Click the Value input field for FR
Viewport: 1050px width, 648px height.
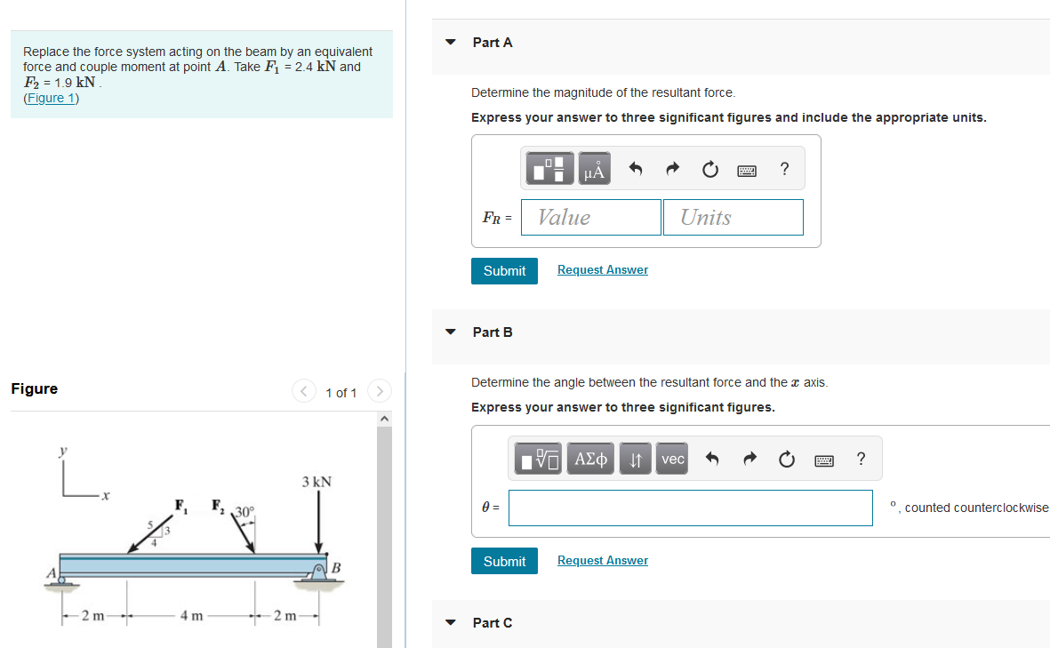(x=590, y=217)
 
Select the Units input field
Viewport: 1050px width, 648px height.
(x=733, y=217)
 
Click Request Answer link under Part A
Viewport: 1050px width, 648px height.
(x=602, y=269)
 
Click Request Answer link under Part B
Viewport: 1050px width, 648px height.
(x=602, y=560)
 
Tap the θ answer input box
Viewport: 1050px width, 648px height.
(x=690, y=508)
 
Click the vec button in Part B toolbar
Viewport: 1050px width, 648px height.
(x=673, y=459)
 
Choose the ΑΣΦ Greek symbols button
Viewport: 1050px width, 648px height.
(x=591, y=459)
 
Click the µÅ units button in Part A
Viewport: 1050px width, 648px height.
(x=594, y=169)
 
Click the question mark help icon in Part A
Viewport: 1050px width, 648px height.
(x=783, y=169)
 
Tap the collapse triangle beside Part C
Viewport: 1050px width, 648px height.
(x=451, y=623)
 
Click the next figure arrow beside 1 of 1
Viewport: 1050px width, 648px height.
(x=380, y=391)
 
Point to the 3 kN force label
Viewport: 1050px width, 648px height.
(x=317, y=482)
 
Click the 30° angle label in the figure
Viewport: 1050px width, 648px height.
(x=244, y=512)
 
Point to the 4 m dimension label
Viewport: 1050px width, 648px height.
(x=190, y=616)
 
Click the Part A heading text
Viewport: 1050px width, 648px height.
(x=493, y=42)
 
